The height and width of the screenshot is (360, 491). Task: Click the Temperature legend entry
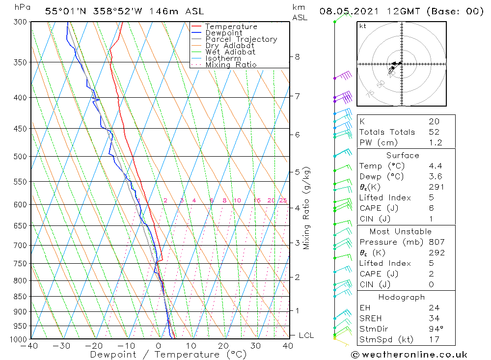click(231, 27)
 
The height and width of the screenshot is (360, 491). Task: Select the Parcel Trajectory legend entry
click(241, 39)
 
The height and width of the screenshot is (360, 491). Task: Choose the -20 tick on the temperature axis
click(94, 346)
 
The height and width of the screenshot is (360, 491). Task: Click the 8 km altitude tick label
click(297, 56)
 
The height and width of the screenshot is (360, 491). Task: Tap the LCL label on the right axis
click(306, 335)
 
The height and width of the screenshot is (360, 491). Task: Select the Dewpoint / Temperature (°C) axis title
click(168, 355)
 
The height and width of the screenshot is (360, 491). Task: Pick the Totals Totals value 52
click(434, 132)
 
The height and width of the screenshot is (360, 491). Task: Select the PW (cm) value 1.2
click(436, 143)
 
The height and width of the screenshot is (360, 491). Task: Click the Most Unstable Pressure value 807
click(436, 242)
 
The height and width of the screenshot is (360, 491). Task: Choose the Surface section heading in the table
click(403, 155)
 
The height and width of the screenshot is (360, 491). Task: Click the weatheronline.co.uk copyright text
click(409, 355)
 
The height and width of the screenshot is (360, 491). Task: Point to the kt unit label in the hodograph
click(363, 26)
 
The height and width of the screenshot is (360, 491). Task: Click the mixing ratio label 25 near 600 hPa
click(283, 200)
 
